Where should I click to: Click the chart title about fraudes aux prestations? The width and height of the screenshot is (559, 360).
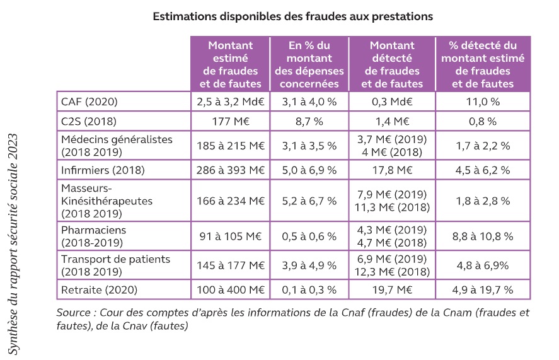coord(293,17)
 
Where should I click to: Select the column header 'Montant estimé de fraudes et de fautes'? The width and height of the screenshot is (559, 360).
coord(230,64)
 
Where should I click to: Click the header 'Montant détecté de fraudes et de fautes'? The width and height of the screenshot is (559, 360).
coord(392,64)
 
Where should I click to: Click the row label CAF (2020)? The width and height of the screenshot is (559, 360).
coord(89,102)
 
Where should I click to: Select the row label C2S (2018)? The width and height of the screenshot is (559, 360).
coord(89,121)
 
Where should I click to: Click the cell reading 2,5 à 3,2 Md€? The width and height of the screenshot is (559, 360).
coord(230,102)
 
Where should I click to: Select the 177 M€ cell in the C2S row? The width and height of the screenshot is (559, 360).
coord(230,121)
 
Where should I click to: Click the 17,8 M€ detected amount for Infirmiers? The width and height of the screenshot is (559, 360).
coord(392,170)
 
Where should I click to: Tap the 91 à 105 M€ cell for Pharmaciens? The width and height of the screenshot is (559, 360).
coord(230,236)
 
